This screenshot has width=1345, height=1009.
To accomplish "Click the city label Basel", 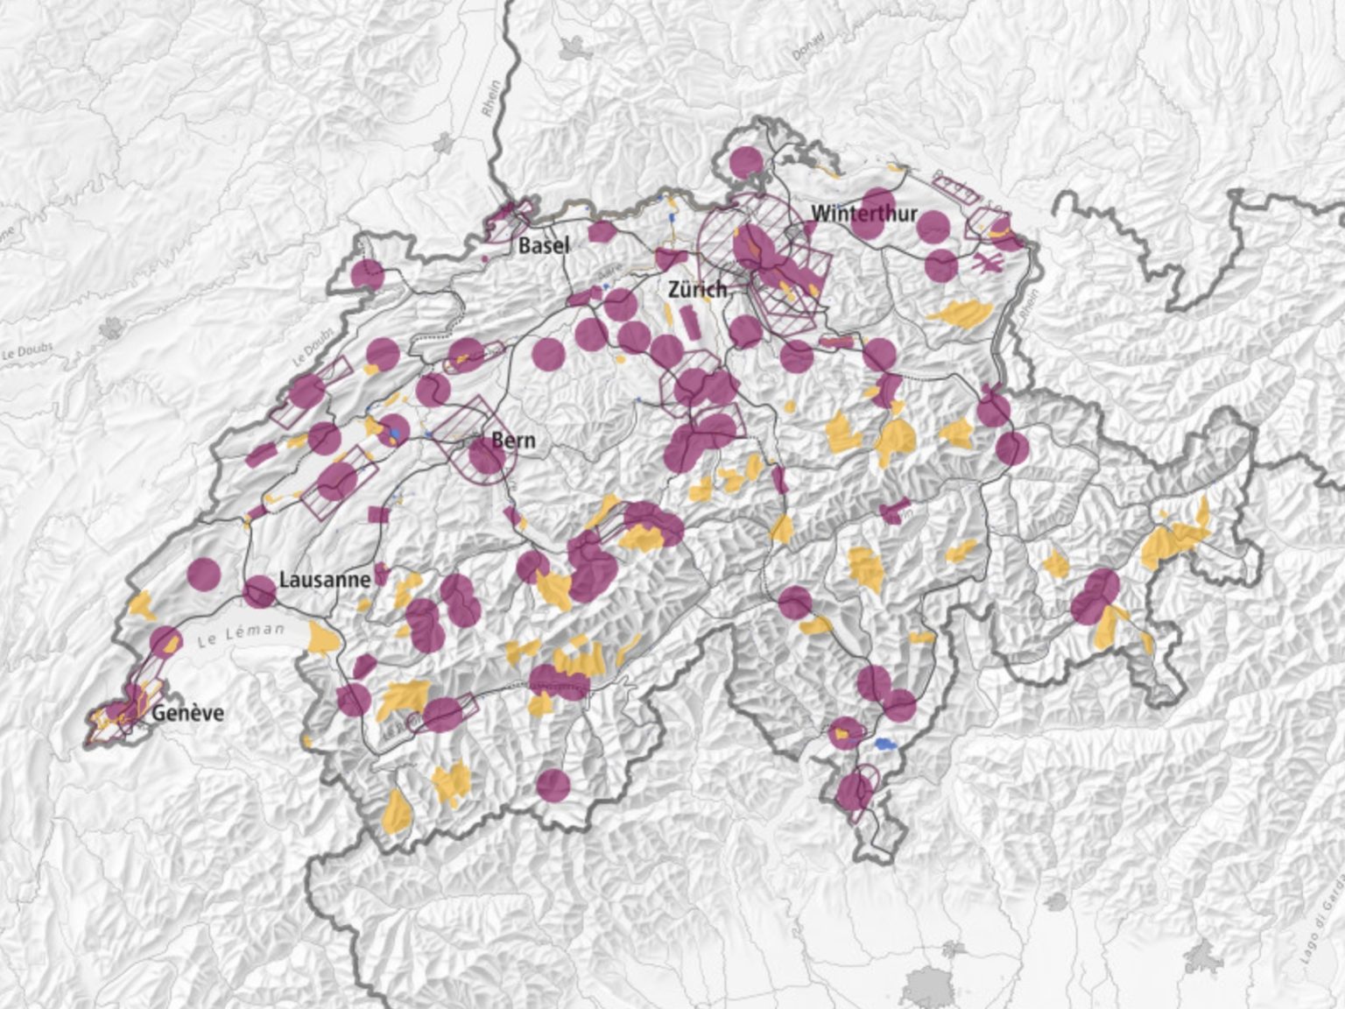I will (544, 245).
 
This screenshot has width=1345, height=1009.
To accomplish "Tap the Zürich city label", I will (697, 289).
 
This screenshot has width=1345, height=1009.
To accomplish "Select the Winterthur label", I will (863, 213).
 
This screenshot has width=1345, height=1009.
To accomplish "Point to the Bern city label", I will (513, 440).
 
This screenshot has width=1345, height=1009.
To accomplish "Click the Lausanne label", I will (325, 579).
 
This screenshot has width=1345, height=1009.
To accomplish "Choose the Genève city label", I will (187, 712).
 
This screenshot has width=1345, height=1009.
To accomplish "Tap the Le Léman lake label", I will (241, 632).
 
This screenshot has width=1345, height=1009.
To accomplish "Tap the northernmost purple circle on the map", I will (746, 162).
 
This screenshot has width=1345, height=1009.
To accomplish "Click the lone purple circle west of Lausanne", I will (204, 575).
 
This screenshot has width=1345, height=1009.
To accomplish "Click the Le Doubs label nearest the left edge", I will (26, 351).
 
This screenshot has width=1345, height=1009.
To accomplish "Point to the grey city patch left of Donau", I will (574, 48).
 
